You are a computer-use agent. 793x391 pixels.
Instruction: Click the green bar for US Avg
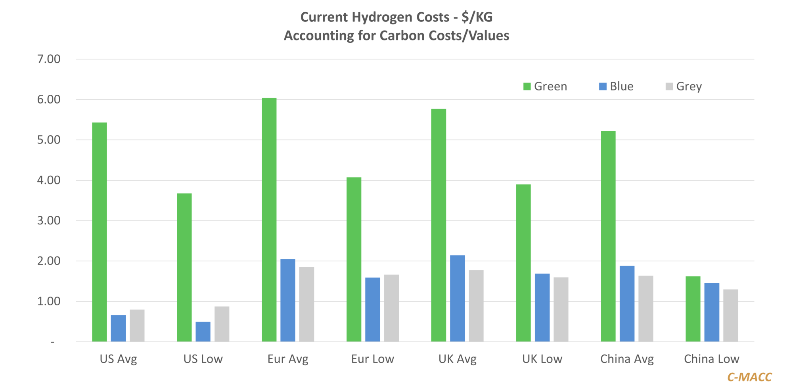coord(100,232)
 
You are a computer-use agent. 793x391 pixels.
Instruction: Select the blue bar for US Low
coord(203,332)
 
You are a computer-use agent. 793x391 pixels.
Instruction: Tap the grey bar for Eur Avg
coord(306,304)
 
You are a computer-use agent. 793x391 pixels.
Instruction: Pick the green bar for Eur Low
coord(354,259)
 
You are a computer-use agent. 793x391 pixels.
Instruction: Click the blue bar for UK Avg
coord(457,298)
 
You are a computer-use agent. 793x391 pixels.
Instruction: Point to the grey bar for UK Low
coord(561,309)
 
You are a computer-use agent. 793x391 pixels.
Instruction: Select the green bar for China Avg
coord(608,236)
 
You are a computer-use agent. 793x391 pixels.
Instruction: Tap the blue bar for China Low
coord(712,312)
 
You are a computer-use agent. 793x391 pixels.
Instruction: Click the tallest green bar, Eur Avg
coord(269,220)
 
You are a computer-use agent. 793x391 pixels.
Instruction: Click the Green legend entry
coord(545,86)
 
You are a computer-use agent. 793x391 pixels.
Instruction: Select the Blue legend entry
coord(616,86)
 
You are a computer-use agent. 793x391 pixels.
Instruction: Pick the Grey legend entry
coord(684,86)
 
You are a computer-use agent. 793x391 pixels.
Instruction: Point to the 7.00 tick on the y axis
coord(49,59)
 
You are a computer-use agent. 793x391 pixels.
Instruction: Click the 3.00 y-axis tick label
coord(49,220)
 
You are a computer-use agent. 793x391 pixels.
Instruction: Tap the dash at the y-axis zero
coord(53,342)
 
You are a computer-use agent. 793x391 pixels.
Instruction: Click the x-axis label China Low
coord(711,359)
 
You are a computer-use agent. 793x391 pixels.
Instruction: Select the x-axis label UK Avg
coord(457,359)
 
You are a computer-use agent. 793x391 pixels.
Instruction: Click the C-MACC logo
coord(749,377)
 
